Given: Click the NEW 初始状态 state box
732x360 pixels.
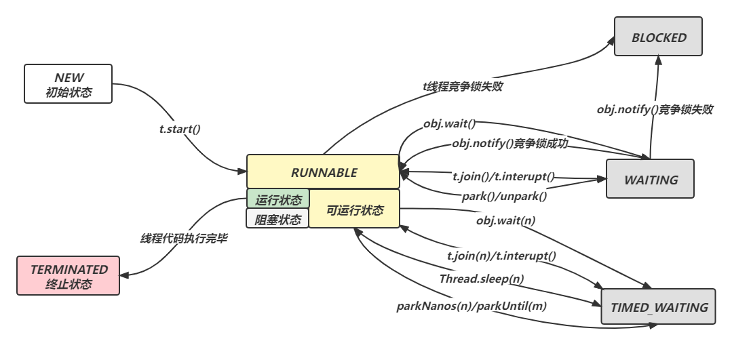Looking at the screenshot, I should pos(68,85).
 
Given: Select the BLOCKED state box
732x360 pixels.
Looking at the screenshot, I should pos(658,38).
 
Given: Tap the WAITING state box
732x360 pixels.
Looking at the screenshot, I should pos(650,180).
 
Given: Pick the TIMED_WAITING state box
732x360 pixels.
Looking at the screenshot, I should pos(658,307).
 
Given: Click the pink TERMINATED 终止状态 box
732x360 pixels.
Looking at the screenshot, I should pos(69,277).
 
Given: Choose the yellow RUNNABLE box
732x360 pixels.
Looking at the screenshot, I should pos(323,172).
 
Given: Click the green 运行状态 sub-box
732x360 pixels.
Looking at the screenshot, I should pos(277,199).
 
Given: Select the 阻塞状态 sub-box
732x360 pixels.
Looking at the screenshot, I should pos(277,219).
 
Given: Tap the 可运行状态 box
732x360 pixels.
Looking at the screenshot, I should pos(354,210).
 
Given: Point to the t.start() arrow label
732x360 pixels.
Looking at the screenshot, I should pos(179,128).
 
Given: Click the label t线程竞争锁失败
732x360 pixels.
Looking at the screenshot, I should pos(462,86).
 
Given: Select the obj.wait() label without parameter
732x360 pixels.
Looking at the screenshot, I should pos(449,123).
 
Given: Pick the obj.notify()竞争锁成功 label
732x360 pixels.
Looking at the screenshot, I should pos(509,143).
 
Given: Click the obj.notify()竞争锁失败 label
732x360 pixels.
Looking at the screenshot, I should pos(654,109).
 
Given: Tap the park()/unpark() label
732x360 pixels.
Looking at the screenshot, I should pos(504,196).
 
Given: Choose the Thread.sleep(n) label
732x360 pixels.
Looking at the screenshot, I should pos(481,278).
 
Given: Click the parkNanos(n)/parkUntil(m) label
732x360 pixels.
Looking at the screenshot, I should pos(471,306).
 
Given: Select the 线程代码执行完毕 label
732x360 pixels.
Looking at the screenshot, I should pos(183,238).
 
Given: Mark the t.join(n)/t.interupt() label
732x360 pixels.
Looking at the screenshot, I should pos(501,256).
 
